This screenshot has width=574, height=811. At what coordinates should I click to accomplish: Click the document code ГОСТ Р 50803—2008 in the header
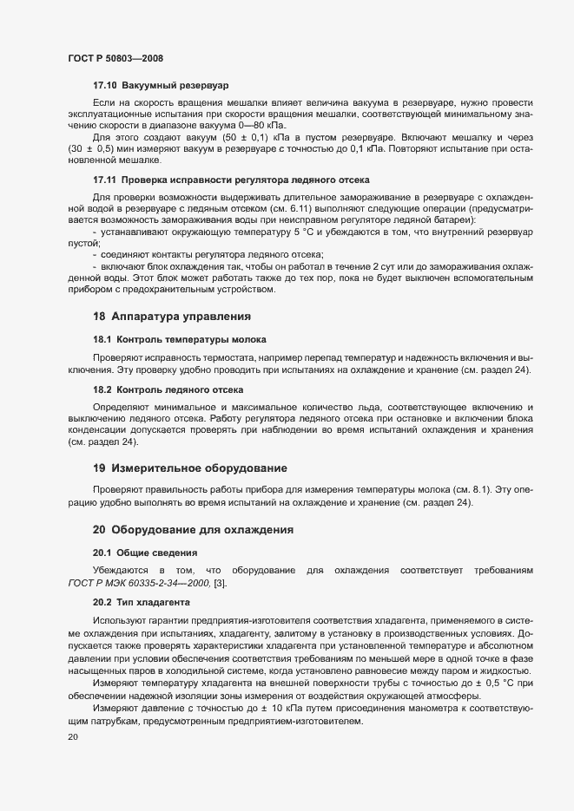pyautogui.click(x=115, y=57)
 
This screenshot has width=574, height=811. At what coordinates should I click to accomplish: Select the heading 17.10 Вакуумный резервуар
pyautogui.click(x=160, y=87)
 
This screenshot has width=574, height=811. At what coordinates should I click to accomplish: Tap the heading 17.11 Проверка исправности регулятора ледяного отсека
pyautogui.click(x=232, y=180)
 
